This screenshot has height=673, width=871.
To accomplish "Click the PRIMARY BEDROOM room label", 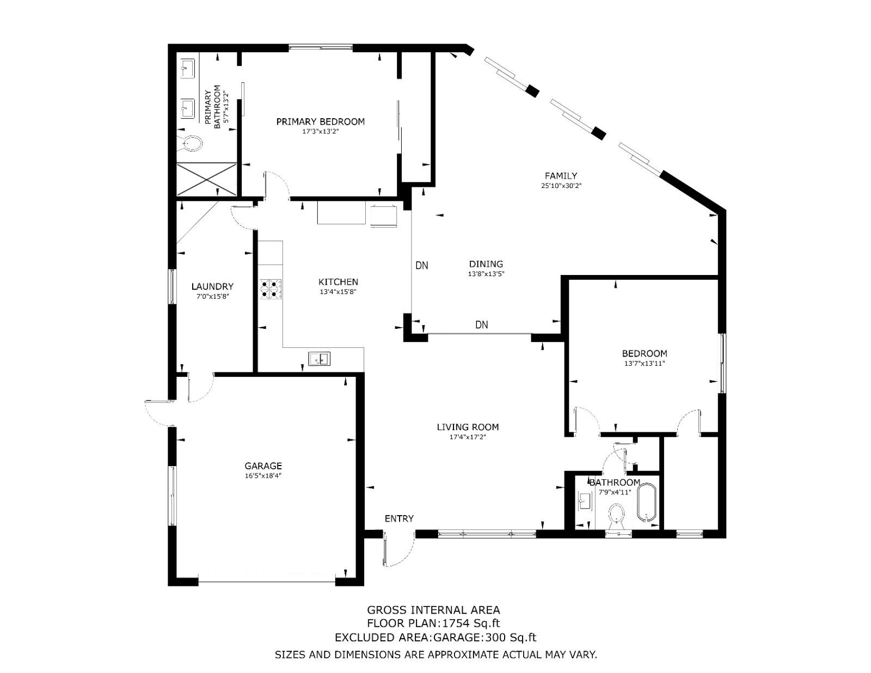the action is (320, 121).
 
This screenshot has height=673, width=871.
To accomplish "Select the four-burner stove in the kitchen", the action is (271, 290).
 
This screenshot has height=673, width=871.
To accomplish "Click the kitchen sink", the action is (320, 358).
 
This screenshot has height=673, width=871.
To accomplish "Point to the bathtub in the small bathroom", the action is (647, 503).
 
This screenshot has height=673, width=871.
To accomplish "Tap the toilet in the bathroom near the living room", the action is (616, 516).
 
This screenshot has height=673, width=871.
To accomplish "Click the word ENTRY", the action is (399, 519).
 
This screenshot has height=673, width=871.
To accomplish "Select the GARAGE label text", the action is (263, 466).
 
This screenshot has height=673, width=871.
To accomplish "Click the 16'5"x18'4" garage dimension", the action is (263, 476).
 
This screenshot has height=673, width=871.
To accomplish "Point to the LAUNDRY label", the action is (212, 286).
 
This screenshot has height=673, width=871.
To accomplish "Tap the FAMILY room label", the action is (561, 175).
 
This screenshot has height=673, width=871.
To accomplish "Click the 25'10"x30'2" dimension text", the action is (561, 186).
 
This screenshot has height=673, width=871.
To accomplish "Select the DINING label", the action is (486, 264).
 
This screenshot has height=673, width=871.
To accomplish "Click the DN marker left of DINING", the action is (422, 265).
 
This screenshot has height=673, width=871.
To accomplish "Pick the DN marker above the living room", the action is (481, 325).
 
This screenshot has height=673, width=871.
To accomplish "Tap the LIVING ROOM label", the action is (468, 427).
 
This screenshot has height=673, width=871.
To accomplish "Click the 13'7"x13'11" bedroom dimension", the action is (645, 364).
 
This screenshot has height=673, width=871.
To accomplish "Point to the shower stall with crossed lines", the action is (207, 179).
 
